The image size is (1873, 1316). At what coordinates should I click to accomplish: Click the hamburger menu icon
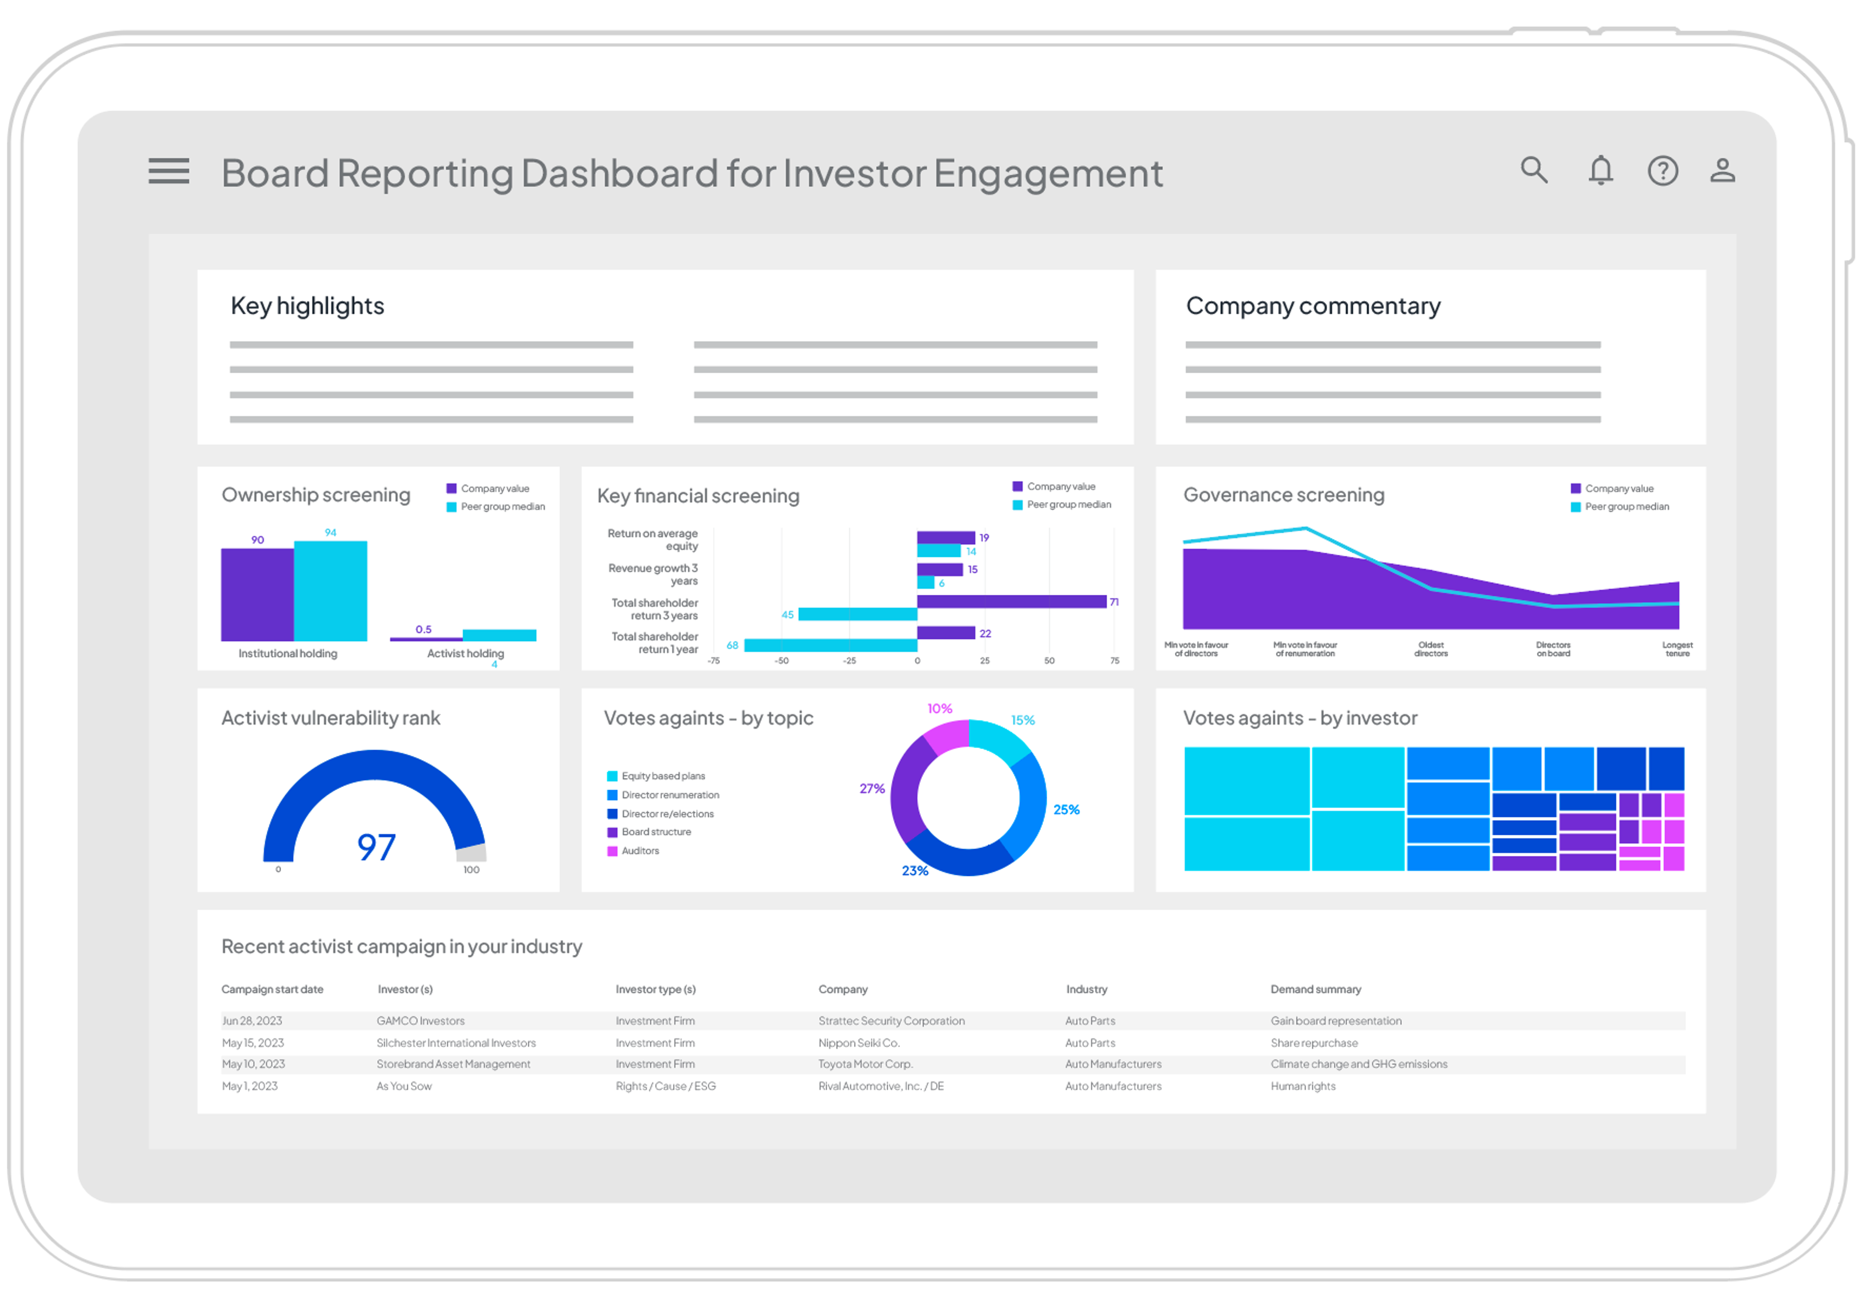(169, 171)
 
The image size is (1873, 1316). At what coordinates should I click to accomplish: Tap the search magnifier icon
(1533, 170)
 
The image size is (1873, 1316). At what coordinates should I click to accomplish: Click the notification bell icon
(1600, 170)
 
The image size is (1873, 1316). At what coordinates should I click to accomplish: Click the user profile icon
(1722, 170)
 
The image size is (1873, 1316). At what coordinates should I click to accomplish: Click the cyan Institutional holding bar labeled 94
(330, 591)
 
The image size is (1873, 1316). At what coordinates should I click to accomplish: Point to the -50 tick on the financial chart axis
(781, 661)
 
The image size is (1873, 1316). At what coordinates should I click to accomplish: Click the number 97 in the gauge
(376, 847)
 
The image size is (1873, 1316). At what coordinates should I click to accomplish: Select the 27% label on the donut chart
(871, 788)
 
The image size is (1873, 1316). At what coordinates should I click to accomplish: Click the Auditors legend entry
(639, 851)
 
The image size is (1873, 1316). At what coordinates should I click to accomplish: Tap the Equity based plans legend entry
(662, 776)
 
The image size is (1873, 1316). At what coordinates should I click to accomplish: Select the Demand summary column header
(1315, 989)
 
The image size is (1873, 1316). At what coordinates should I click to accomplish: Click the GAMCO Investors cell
(420, 1021)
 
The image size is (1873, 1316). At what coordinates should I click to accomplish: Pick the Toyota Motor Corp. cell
(865, 1064)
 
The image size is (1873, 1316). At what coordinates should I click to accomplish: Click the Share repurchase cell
(1314, 1043)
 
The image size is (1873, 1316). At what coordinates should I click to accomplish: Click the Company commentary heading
(1313, 306)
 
